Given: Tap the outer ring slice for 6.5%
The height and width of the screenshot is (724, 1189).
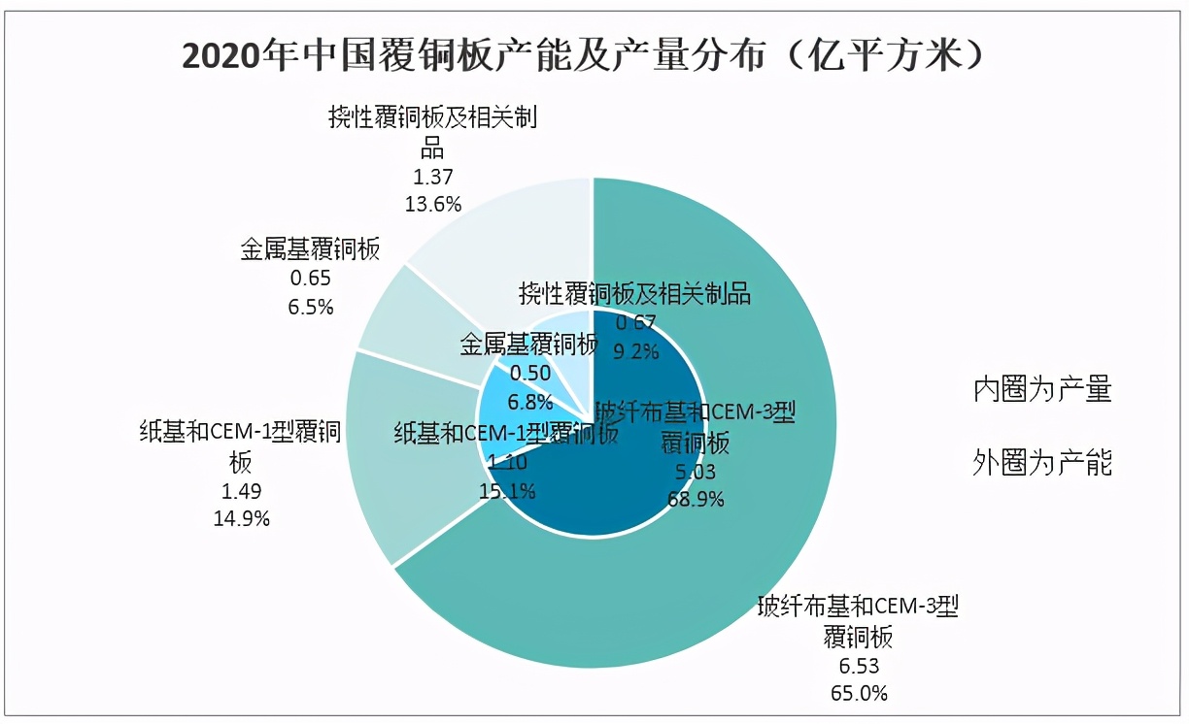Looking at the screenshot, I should [x=408, y=311].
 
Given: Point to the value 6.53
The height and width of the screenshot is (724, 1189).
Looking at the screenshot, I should [x=856, y=667].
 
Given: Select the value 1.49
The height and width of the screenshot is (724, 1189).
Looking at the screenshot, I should [x=241, y=491].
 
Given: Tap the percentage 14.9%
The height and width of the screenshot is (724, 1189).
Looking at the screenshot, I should [x=241, y=517].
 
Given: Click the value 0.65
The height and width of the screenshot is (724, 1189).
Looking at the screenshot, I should [x=311, y=280].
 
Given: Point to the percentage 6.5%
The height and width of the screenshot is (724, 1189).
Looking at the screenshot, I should [x=311, y=307].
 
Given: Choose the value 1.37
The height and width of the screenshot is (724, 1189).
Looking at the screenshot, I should [x=432, y=177].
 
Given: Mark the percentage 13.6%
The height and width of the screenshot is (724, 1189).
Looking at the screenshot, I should [x=432, y=203].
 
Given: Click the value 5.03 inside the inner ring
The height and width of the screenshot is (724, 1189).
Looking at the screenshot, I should [x=695, y=473].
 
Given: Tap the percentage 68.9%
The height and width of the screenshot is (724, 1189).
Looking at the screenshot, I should [x=695, y=499].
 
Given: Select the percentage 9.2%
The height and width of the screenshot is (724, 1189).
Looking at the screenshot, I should [x=636, y=350].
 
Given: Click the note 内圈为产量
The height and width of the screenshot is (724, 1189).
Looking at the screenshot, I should [x=1042, y=390].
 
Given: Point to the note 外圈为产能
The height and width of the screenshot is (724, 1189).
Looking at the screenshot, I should [x=1042, y=463].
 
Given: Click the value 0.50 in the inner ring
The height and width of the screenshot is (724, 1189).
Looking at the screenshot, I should [x=529, y=373].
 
